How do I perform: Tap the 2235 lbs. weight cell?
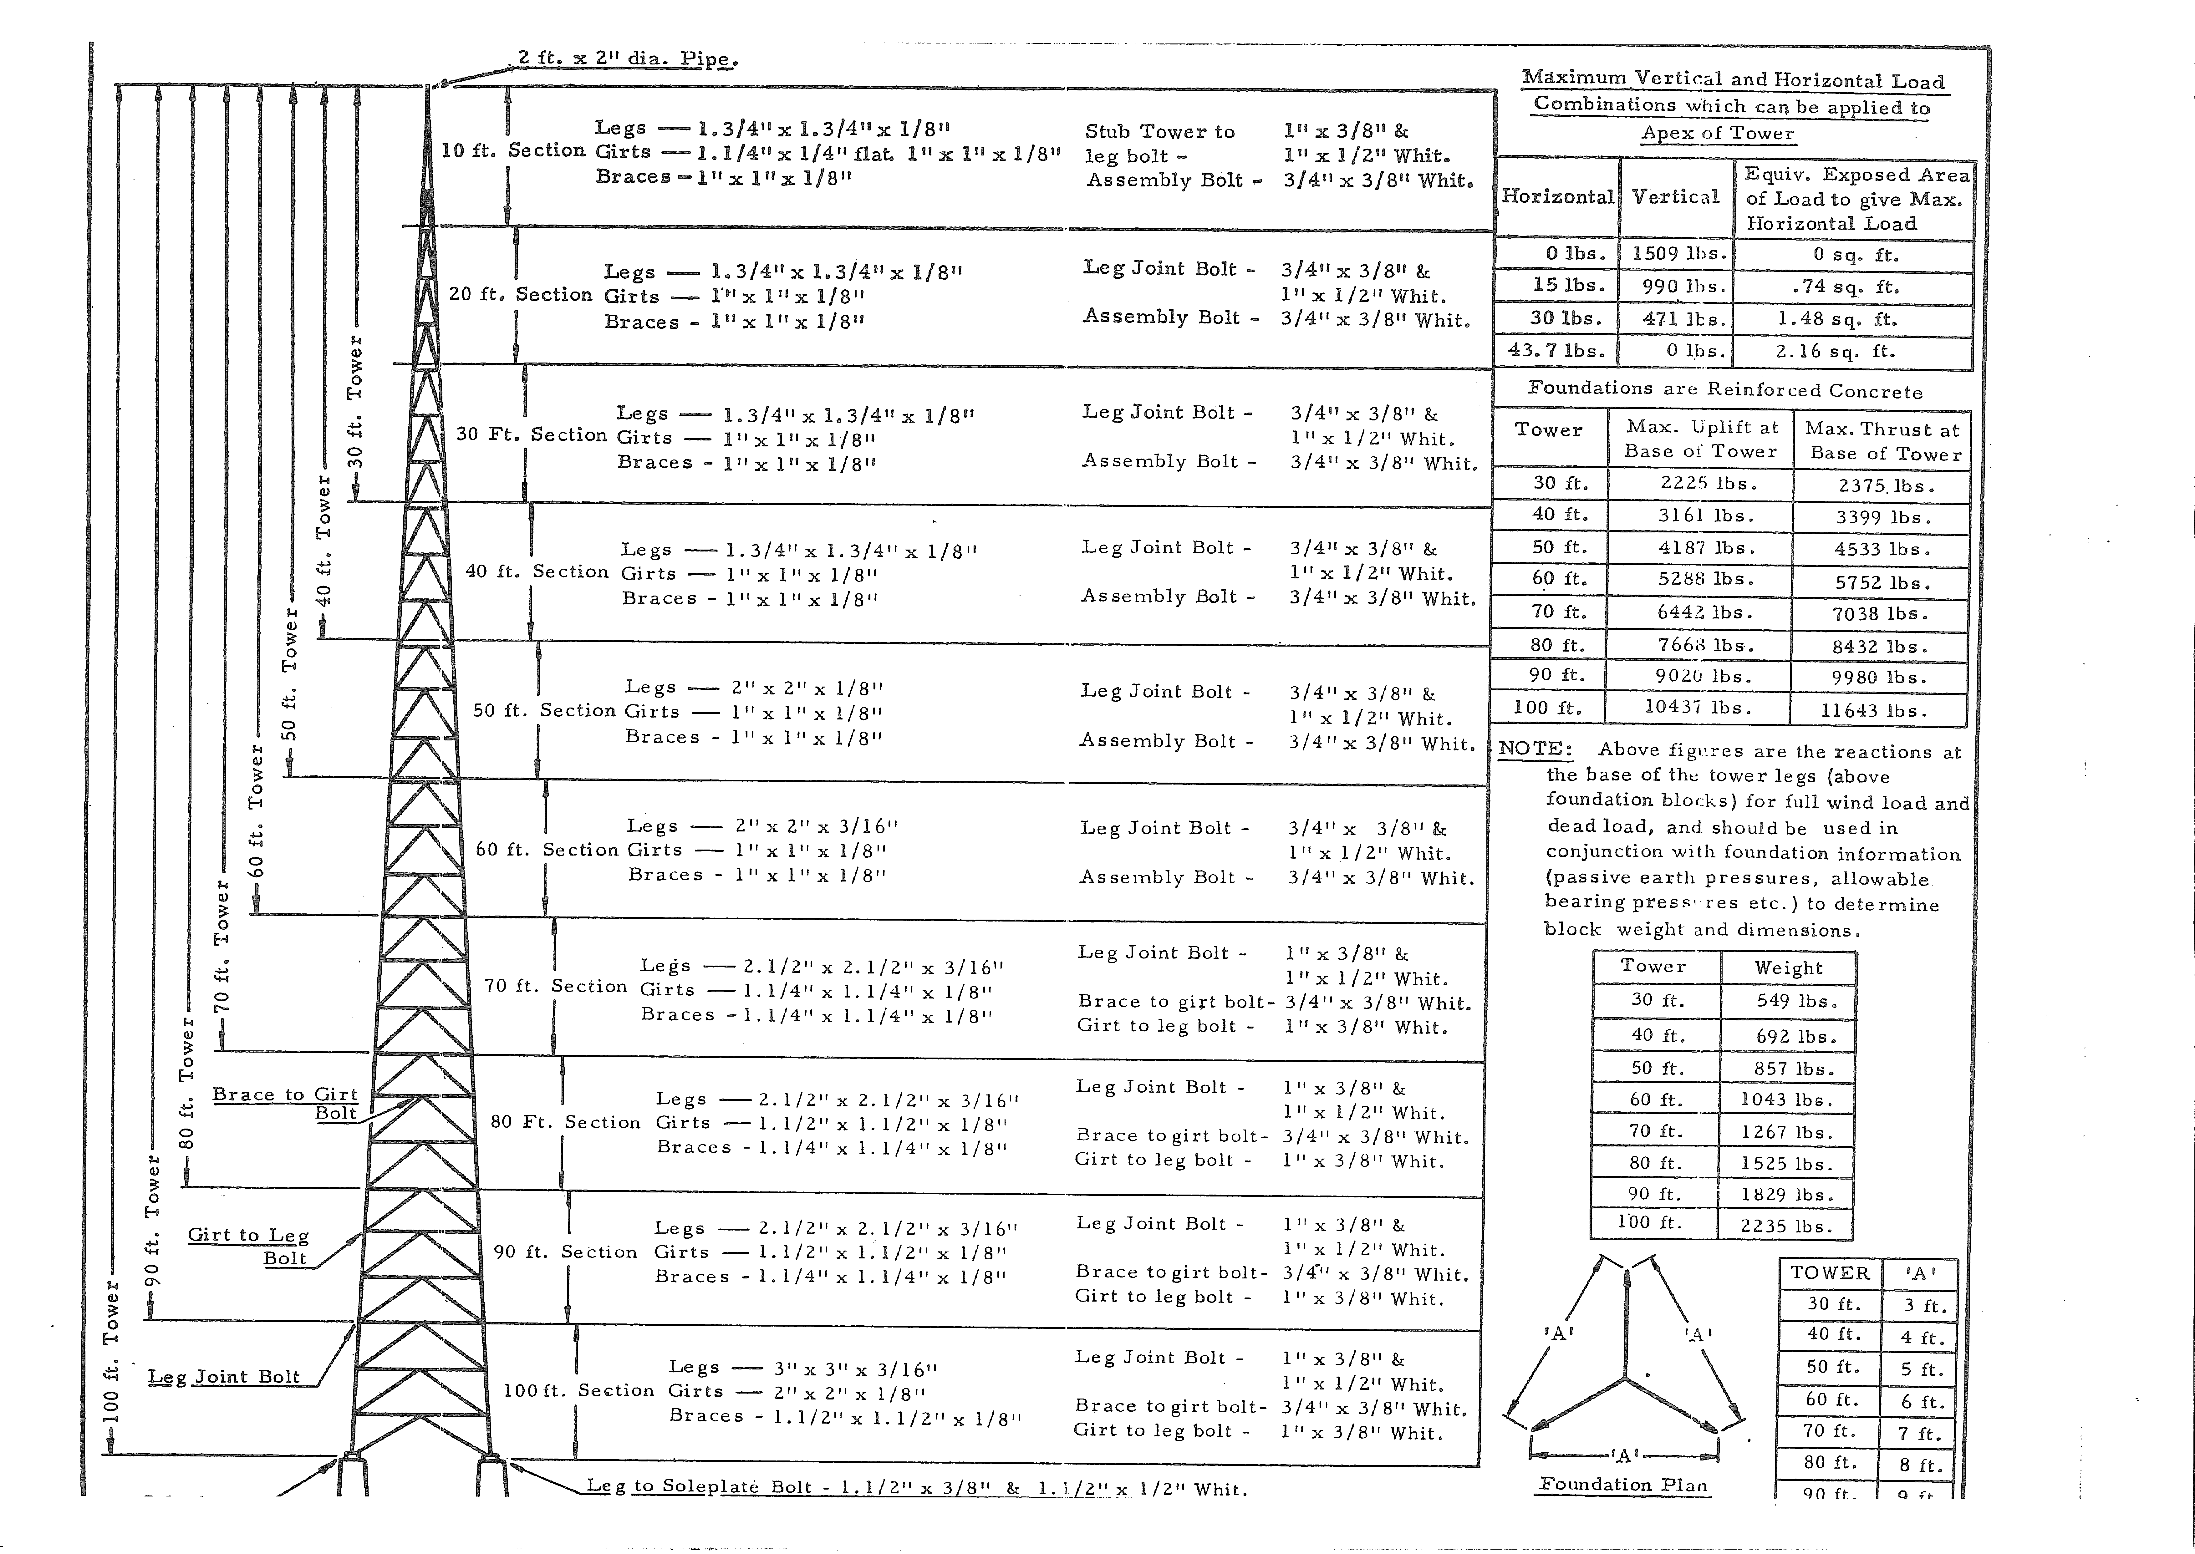point(1785,1226)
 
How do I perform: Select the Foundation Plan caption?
point(1623,1484)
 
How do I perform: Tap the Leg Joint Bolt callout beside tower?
point(224,1377)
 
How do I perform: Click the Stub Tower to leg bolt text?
point(1160,144)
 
